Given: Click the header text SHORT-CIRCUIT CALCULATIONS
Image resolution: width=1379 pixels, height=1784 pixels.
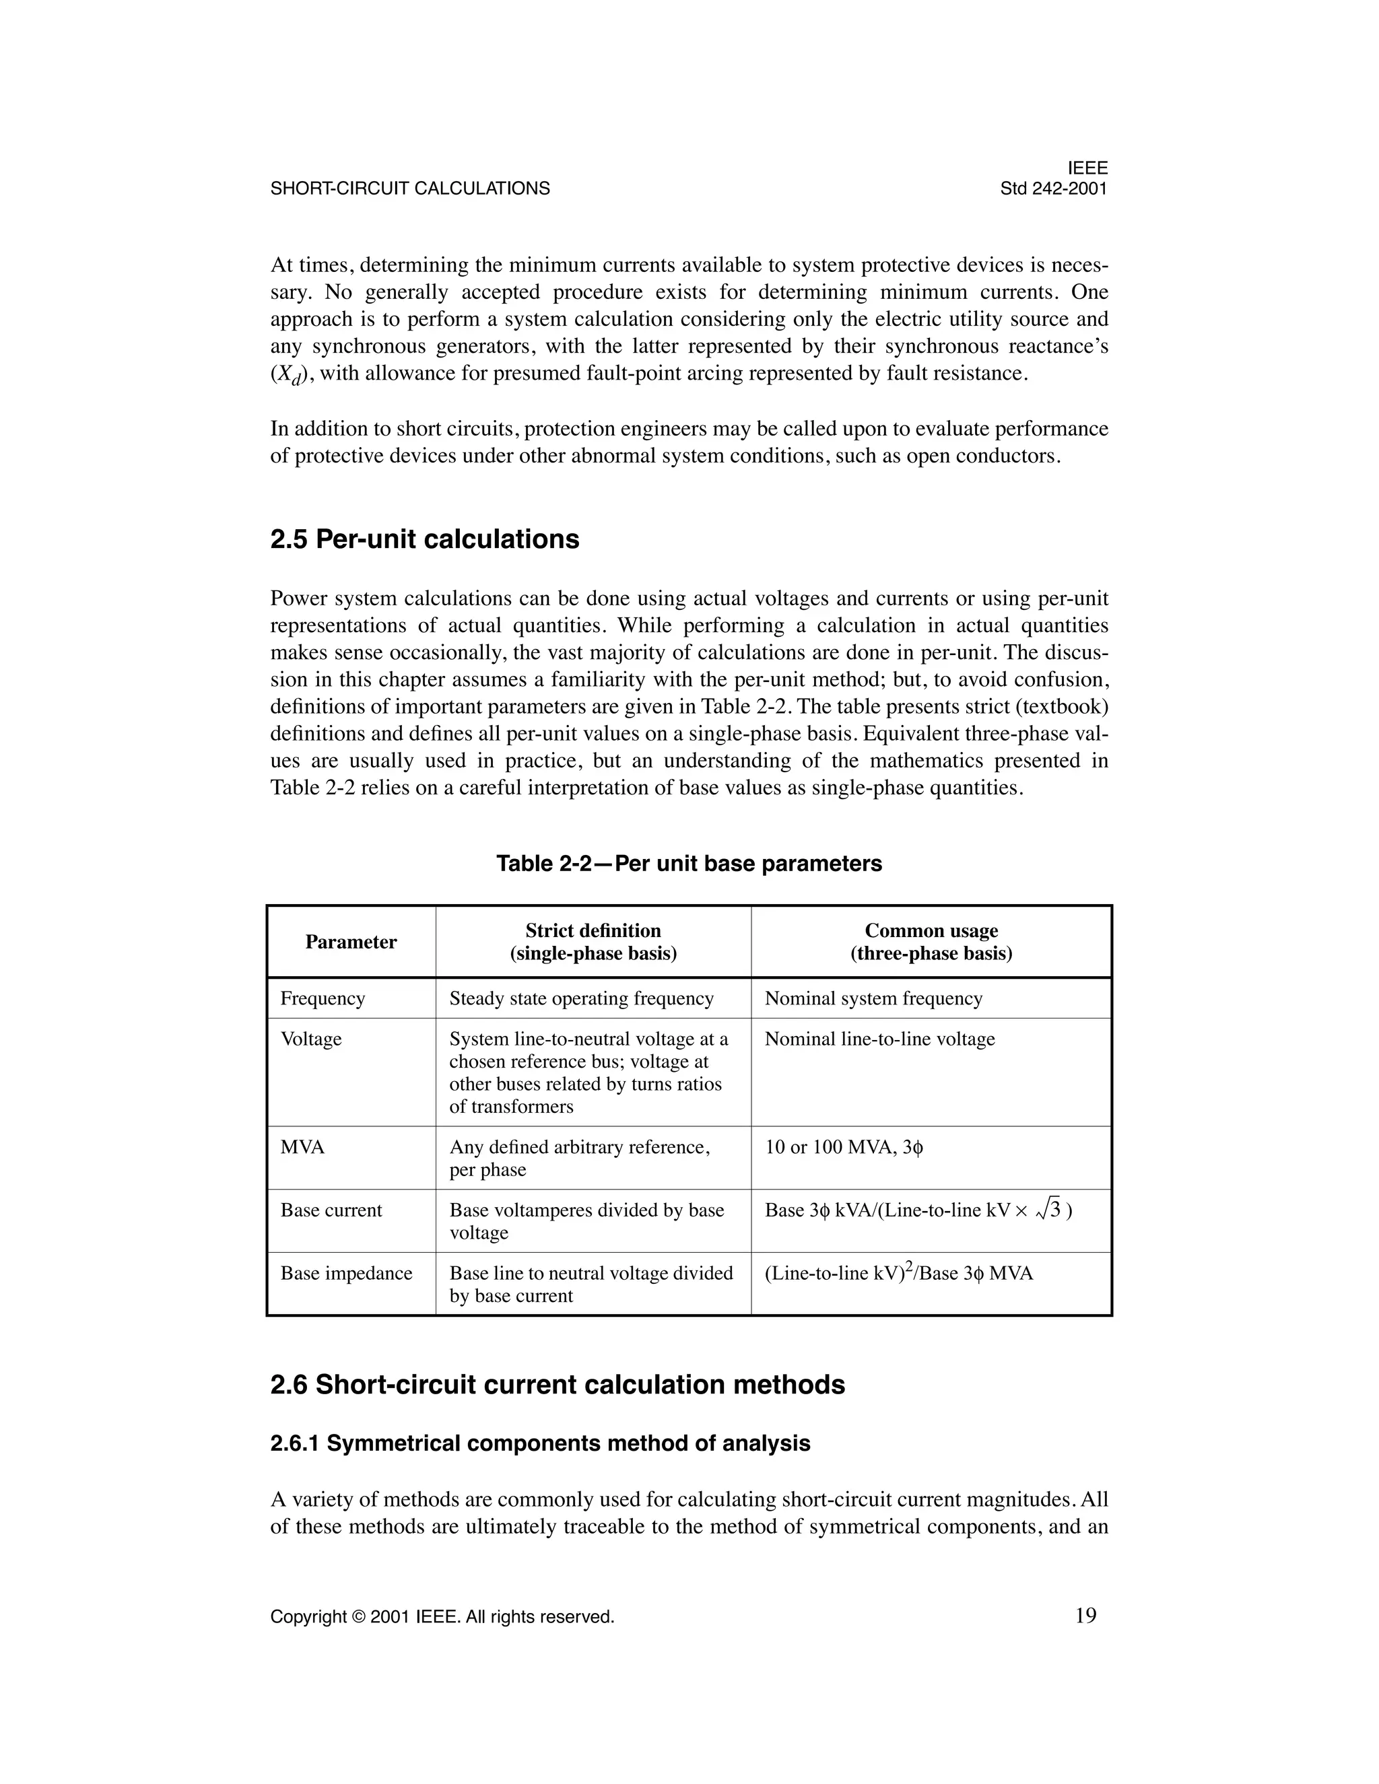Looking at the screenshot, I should [x=410, y=188].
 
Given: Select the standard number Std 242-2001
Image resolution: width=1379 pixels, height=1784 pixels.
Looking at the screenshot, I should [x=1054, y=188].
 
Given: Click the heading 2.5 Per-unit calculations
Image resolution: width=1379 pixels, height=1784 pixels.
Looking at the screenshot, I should [x=425, y=539].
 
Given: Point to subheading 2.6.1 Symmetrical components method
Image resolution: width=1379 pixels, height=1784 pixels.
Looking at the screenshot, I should [x=540, y=1443].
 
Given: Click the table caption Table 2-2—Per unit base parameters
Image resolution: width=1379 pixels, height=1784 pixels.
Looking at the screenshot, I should [x=689, y=864].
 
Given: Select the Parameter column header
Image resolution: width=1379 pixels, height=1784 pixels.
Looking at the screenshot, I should [x=351, y=942].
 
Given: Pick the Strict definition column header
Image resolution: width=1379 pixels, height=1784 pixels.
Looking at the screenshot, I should [x=593, y=942].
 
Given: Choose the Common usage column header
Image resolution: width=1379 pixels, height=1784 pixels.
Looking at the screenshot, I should [x=931, y=942].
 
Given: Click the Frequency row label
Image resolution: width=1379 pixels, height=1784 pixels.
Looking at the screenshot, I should [x=323, y=998].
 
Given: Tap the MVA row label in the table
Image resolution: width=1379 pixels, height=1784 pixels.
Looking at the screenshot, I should [x=302, y=1147].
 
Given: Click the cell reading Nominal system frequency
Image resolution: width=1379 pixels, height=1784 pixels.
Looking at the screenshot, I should [x=873, y=998].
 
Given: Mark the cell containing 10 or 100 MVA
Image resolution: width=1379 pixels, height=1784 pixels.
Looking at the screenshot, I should [x=844, y=1147].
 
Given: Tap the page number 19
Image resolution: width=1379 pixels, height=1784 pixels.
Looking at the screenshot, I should [x=1085, y=1615].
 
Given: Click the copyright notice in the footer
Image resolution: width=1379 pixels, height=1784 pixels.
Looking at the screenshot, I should [x=442, y=1616].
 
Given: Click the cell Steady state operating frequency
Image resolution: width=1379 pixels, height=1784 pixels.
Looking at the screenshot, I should [x=582, y=998].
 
